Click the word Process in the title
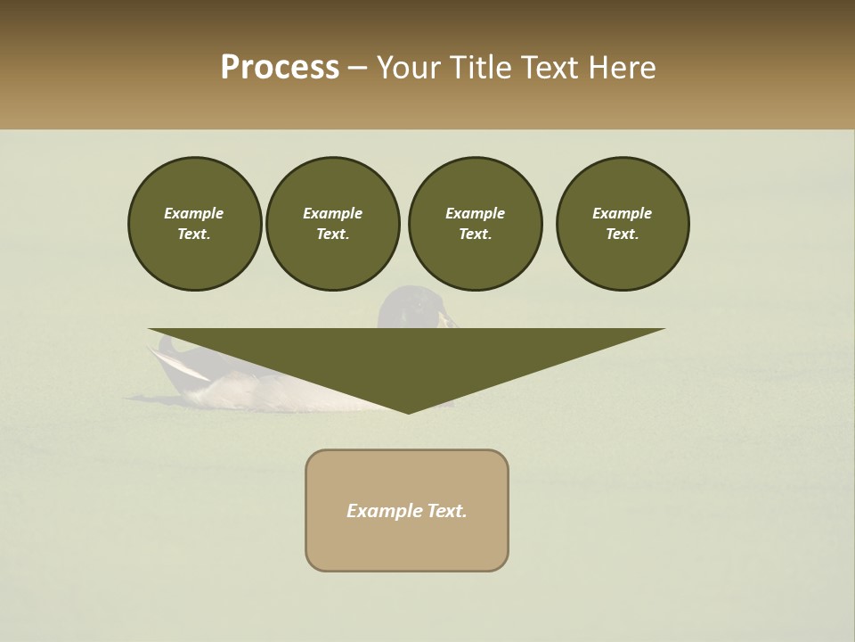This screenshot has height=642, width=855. pos(280,68)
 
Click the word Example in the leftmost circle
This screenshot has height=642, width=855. pos(194,213)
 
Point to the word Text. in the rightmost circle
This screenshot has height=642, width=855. pos(623,234)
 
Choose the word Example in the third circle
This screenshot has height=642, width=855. pos(475,213)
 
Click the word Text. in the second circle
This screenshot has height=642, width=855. pos(333,234)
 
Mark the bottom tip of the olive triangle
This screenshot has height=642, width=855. pos(409,412)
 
